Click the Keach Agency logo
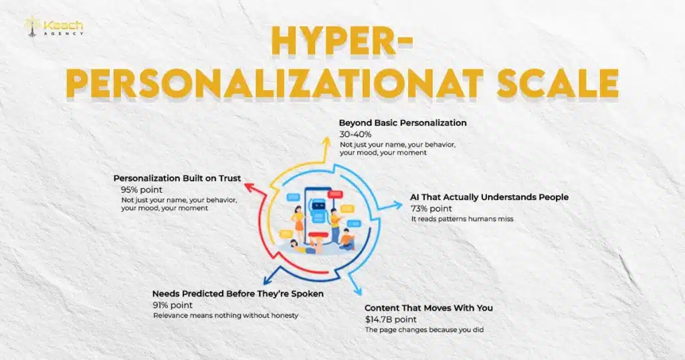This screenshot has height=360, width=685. pos(55,27)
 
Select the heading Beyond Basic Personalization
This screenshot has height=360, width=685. pos(403,123)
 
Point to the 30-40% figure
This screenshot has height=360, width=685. pos(355,134)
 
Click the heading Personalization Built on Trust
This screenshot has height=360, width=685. pos(177,179)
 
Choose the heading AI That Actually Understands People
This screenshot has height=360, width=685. pos(490,197)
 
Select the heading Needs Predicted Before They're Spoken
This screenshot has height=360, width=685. pos(238,294)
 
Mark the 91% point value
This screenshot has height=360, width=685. pos(173,305)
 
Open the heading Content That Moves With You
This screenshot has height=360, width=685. pos(429,308)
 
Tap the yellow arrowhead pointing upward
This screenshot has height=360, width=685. pos(326,143)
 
